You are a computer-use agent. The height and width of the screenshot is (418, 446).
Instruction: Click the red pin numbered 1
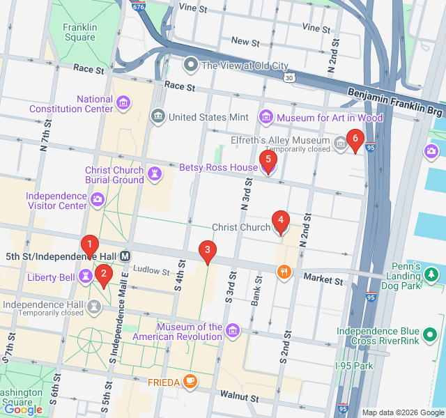click(x=89, y=245)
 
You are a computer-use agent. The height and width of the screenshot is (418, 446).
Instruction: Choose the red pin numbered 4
click(x=280, y=222)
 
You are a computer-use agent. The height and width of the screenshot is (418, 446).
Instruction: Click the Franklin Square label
click(x=79, y=33)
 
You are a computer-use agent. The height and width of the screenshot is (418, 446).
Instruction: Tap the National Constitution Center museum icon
click(x=123, y=104)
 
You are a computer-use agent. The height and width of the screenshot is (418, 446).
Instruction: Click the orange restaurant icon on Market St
click(x=283, y=272)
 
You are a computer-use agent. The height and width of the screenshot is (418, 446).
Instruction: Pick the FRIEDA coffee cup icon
click(x=190, y=382)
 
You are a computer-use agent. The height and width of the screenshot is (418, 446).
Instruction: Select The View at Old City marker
click(x=190, y=65)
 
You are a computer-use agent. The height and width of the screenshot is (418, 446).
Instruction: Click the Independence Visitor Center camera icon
click(x=98, y=201)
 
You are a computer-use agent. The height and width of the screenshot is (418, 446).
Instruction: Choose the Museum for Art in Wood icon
click(x=266, y=117)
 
